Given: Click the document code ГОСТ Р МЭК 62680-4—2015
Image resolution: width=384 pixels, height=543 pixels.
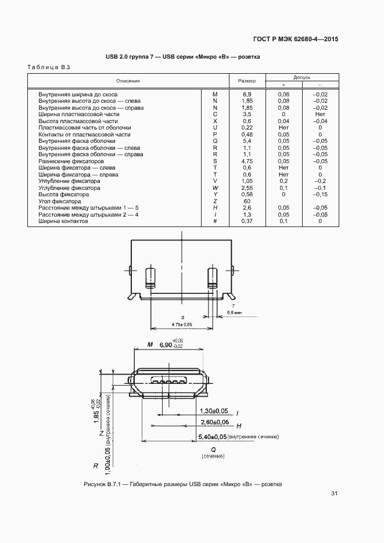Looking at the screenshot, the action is [296, 39].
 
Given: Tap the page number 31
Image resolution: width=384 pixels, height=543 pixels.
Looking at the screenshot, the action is [334, 494].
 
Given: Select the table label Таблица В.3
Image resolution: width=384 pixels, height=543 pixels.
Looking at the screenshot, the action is [49, 67].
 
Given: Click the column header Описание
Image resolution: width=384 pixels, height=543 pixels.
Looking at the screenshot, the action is [128, 81].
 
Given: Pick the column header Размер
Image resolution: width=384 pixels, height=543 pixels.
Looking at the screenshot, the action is [247, 81].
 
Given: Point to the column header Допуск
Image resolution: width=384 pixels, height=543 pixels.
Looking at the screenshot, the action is [302, 77].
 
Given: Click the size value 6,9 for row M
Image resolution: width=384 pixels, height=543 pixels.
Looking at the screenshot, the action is [247, 94].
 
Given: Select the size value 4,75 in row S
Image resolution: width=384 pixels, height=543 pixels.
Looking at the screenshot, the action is [247, 161].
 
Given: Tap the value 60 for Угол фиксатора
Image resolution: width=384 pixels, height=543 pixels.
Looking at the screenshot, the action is [247, 201].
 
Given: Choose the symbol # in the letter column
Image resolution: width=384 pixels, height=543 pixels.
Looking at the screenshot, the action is [215, 221].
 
